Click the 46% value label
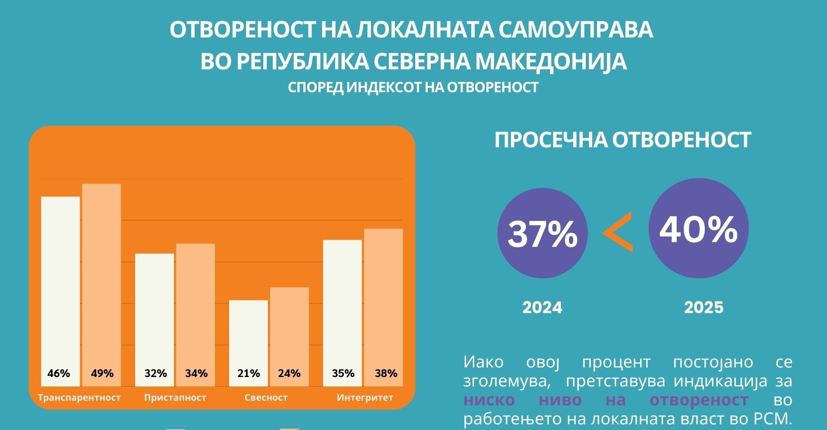59,373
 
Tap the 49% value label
102,373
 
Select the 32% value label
155,373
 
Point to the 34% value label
196,373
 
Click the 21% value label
249,373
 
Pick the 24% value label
289,373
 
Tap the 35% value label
343,373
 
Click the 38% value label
386,373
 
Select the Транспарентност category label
79,398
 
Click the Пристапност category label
175,398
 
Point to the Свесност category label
266,398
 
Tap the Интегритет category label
365,398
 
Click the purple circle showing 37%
542,233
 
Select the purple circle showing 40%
698,228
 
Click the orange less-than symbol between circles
618,232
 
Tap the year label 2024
542,308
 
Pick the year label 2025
704,308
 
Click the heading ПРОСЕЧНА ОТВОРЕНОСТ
622,140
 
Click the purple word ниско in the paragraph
489,400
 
